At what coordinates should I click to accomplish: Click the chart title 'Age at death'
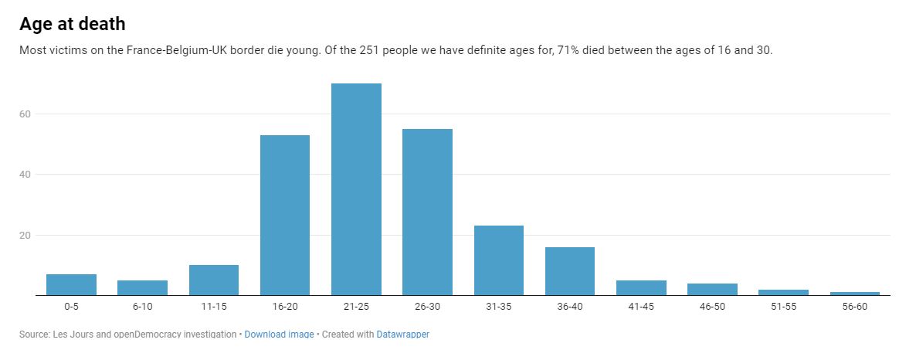(72, 24)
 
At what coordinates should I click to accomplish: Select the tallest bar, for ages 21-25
(356, 189)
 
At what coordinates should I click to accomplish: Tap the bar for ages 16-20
(285, 215)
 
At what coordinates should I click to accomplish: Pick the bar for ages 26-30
(427, 212)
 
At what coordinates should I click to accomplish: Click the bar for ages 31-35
(498, 260)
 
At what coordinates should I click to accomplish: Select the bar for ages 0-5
(71, 284)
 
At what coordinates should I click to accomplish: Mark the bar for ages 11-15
(214, 280)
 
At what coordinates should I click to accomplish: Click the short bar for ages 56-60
(854, 293)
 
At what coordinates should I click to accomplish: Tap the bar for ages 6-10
(142, 287)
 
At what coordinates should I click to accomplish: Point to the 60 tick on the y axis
(25, 114)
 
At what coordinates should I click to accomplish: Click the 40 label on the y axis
(25, 175)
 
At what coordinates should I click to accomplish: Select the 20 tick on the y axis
(25, 235)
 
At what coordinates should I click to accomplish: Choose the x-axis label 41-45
(641, 307)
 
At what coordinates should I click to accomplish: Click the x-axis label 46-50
(712, 307)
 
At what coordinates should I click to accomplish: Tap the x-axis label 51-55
(783, 307)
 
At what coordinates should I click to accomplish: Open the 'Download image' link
(279, 335)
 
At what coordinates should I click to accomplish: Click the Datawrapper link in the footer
(402, 335)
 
